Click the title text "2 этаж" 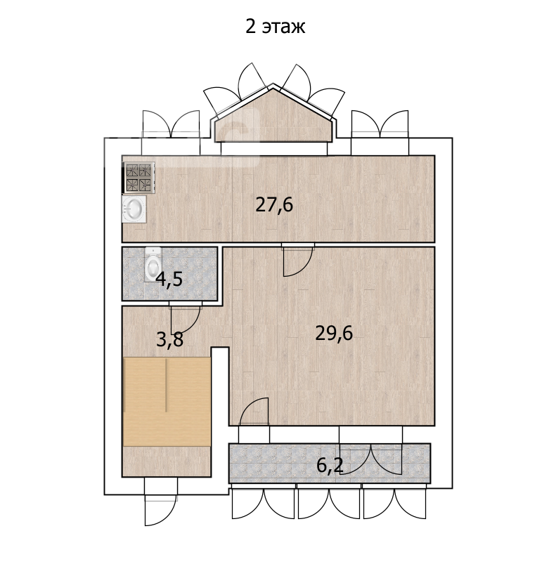click(x=275, y=27)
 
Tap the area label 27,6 click(x=274, y=205)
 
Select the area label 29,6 click(x=334, y=333)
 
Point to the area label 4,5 click(x=169, y=279)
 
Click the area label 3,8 click(x=169, y=339)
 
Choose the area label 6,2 click(x=330, y=466)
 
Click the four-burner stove click(x=138, y=178)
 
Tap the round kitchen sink click(x=134, y=209)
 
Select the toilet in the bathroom click(x=153, y=264)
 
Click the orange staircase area click(x=167, y=402)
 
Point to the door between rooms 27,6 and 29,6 click(x=298, y=260)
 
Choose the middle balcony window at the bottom click(x=329, y=501)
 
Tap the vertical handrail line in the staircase click(x=167, y=385)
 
